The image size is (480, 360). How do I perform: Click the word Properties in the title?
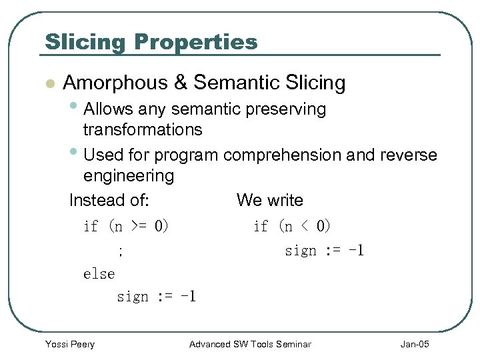tap(195, 42)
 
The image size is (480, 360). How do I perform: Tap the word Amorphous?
tap(115, 83)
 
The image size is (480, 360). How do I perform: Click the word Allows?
tap(109, 109)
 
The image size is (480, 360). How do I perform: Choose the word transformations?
tap(143, 129)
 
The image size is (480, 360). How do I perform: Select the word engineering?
tap(129, 176)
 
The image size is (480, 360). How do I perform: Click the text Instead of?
tap(109, 200)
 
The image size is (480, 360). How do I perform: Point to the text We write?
tap(269, 200)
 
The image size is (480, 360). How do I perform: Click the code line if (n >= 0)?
tap(126, 227)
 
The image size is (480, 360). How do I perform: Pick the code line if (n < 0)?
tap(292, 227)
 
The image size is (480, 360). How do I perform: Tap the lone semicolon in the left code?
tap(120, 251)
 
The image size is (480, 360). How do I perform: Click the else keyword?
tap(99, 274)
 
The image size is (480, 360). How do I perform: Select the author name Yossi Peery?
tap(69, 344)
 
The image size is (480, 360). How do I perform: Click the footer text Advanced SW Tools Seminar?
tap(250, 344)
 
